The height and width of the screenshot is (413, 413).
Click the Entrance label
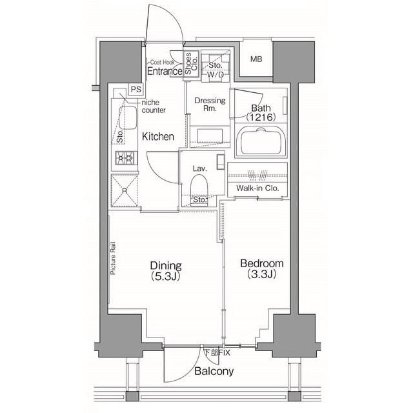pos(164,72)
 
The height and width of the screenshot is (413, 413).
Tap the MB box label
pos(256,60)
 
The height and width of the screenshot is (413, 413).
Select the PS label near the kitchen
pos(136,89)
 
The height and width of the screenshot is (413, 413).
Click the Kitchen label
pos(158,136)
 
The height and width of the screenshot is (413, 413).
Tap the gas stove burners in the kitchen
pos(124,157)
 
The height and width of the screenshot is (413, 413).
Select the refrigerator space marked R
pos(124,192)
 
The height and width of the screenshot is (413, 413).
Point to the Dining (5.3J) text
pos(166,270)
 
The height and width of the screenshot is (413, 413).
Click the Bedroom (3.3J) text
pos(261,268)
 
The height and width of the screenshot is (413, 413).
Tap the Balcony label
pos(214,372)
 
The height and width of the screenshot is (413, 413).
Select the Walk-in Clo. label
pos(257,188)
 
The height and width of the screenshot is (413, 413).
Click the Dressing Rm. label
pos(210,105)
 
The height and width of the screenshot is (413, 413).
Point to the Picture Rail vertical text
pos(113,258)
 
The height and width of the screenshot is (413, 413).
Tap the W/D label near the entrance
pos(215,73)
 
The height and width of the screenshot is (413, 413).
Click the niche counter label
pos(154,106)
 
